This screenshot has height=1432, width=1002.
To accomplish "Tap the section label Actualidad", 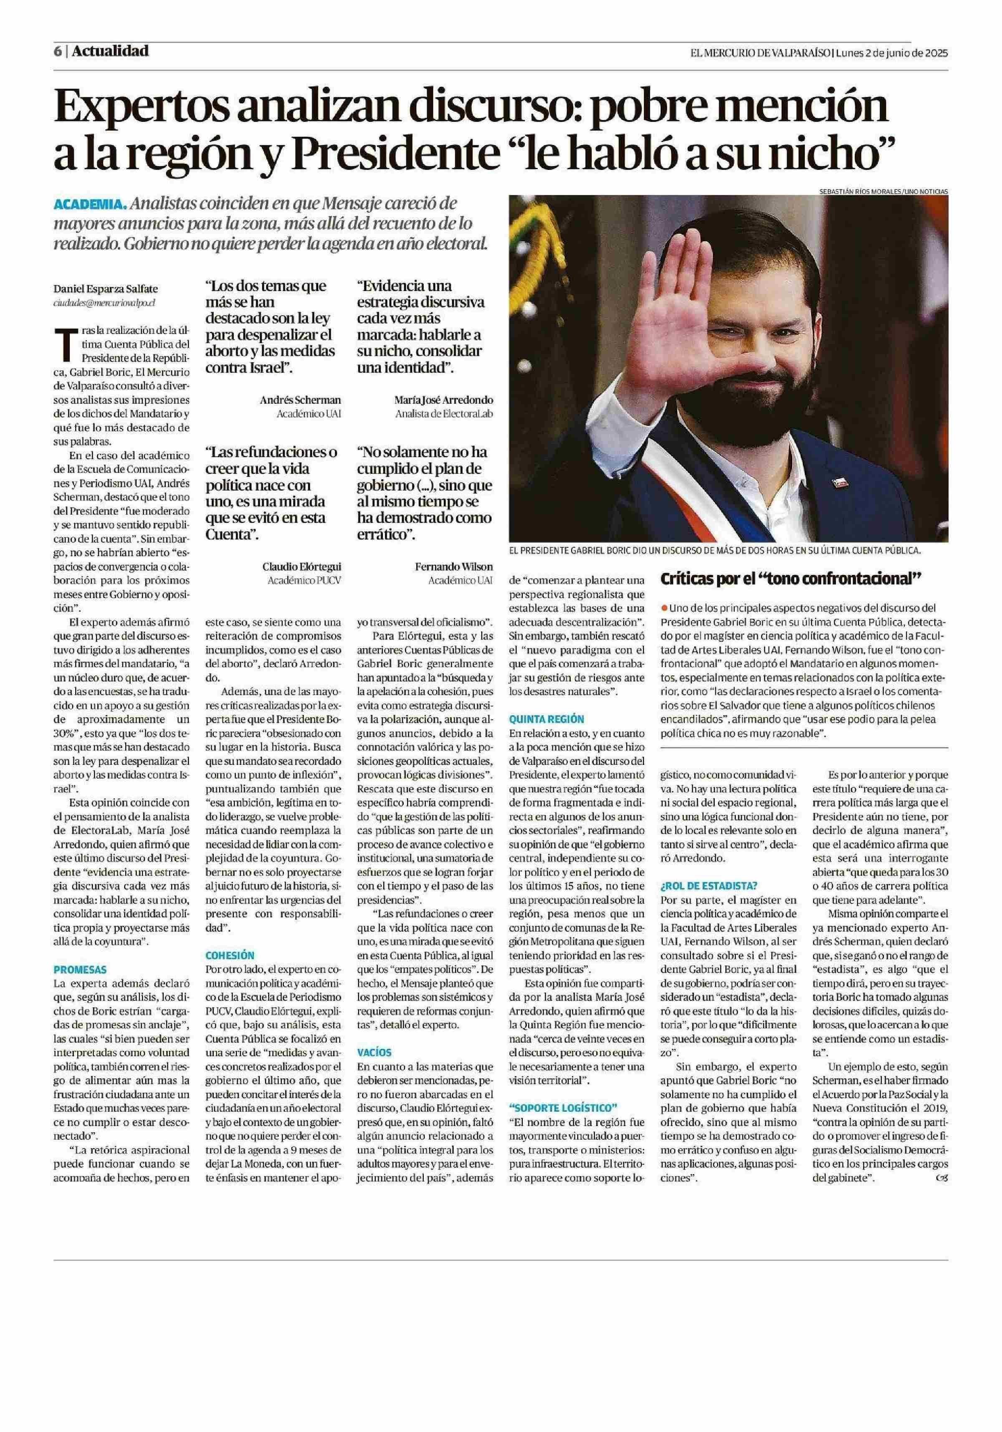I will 110,51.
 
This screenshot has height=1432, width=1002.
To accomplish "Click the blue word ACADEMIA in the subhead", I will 91,205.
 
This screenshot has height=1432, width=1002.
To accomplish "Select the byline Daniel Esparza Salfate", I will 105,289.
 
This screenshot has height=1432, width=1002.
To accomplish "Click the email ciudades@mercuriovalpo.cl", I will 104,302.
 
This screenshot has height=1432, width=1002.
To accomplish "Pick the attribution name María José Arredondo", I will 443,400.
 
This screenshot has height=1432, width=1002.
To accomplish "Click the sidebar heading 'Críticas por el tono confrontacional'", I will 791,579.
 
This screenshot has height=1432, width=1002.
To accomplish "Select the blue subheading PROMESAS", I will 80,970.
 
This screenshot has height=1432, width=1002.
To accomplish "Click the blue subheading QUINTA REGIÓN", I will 546,719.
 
